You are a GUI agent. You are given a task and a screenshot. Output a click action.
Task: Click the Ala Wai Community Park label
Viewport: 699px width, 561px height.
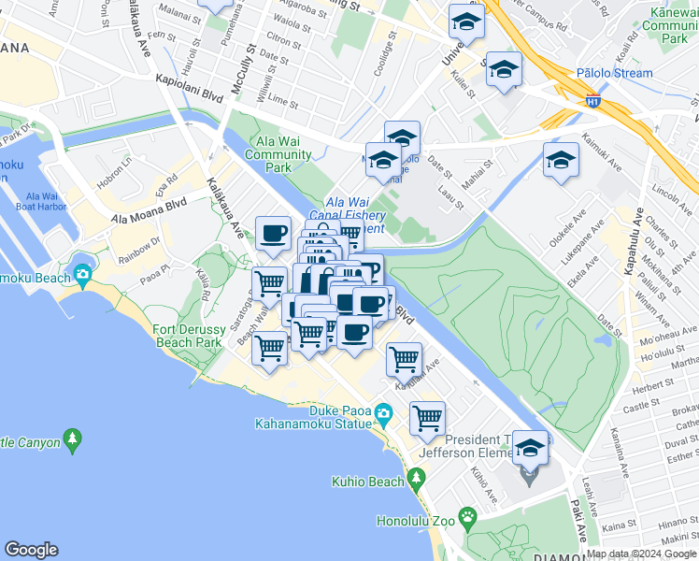pyautogui.click(x=278, y=153)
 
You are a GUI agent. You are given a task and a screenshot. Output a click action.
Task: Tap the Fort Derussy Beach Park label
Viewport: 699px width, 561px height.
pyautogui.click(x=188, y=336)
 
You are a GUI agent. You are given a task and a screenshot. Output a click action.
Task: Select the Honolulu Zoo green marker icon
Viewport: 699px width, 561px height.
pyautogui.click(x=467, y=518)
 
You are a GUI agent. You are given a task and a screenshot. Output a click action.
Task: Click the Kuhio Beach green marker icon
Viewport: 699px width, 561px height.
pyautogui.click(x=416, y=481)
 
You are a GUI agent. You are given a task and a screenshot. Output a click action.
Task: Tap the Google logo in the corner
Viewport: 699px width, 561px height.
pyautogui.click(x=31, y=550)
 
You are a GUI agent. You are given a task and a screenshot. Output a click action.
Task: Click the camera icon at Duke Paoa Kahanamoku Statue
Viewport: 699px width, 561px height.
pyautogui.click(x=383, y=412)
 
